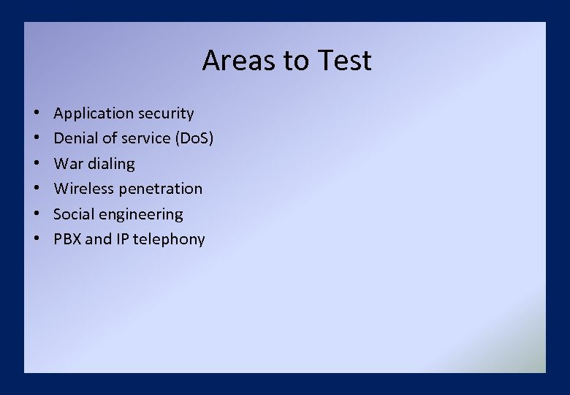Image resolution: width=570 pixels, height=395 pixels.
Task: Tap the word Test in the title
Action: tap(343, 61)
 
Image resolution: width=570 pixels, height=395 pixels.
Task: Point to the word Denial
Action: tap(77, 138)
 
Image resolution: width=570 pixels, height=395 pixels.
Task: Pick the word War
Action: tap(69, 163)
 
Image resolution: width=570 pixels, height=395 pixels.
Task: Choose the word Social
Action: tap(75, 214)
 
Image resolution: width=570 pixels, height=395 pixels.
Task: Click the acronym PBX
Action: tap(67, 239)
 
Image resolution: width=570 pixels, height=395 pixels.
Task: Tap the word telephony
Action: tap(169, 240)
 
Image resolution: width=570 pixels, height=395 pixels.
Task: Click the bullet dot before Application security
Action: tap(36, 114)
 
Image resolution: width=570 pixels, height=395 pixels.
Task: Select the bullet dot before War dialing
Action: tap(36, 164)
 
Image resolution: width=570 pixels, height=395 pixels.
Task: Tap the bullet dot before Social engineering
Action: tap(36, 214)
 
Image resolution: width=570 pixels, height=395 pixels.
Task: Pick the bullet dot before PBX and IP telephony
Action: tap(36, 239)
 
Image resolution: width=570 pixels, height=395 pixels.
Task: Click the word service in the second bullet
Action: tap(139, 138)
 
